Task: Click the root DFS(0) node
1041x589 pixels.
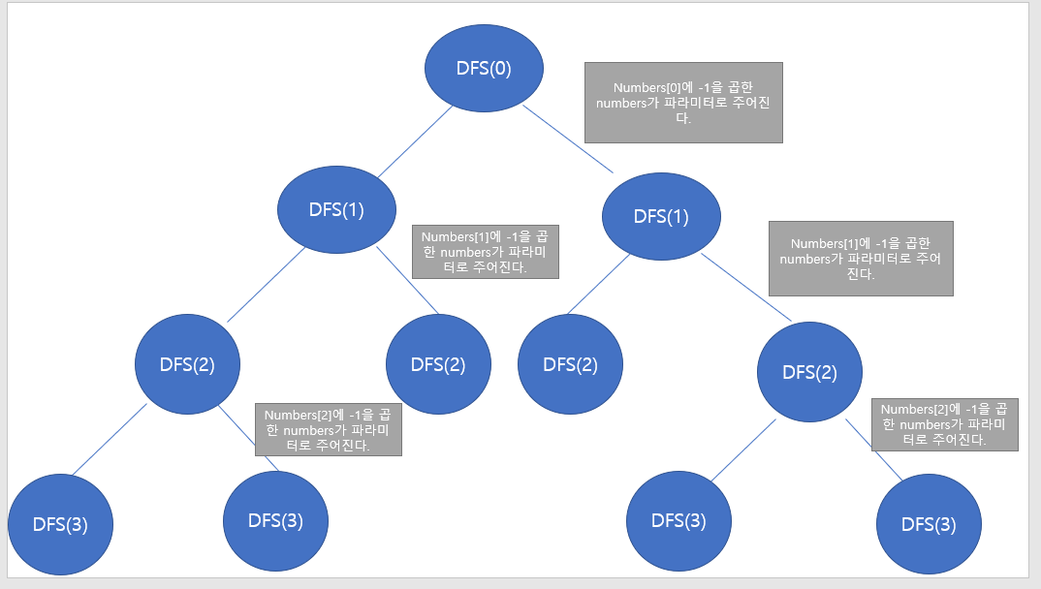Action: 483,68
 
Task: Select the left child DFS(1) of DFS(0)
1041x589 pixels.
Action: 336,209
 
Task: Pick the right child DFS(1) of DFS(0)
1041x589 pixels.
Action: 661,215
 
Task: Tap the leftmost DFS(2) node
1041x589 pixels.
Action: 187,364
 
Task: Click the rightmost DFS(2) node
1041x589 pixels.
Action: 809,371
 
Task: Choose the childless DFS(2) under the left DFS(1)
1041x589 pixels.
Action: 438,364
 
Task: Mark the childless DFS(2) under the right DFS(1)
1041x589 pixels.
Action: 570,364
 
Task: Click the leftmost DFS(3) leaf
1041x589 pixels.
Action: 60,524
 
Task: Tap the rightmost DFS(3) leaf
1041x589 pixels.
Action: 929,524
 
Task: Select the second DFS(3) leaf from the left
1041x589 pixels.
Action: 275,520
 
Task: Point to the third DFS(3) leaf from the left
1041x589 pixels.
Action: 678,520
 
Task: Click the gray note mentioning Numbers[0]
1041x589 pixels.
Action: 683,103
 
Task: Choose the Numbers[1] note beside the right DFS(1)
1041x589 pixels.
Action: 861,259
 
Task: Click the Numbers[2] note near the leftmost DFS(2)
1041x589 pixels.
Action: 328,429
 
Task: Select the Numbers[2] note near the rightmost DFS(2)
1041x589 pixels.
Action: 945,424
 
